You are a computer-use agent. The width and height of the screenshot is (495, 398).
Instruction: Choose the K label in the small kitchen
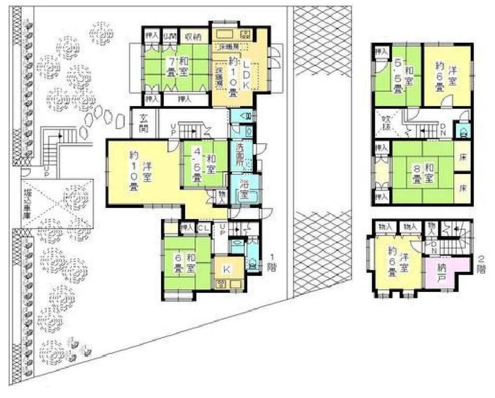[x=226, y=269]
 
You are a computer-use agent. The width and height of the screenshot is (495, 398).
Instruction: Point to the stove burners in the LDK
[x=246, y=35]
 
